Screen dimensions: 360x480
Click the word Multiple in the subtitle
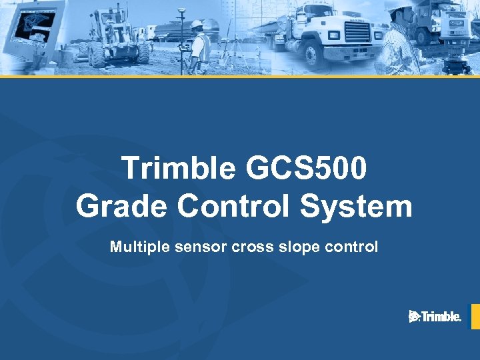click(x=135, y=247)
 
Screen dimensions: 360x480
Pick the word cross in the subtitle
click(x=250, y=247)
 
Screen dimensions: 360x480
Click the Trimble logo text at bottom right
click(x=441, y=317)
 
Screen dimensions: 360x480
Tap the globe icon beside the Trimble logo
click(x=414, y=317)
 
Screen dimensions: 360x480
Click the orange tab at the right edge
click(x=475, y=317)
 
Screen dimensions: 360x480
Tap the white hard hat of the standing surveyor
click(x=197, y=25)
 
